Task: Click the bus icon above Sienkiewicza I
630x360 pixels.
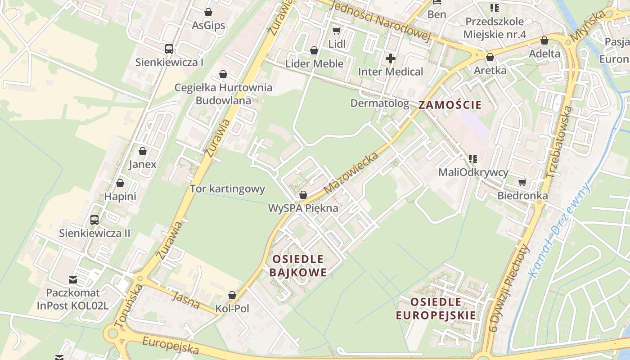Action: (169, 49)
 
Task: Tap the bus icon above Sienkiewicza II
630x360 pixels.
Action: (94, 220)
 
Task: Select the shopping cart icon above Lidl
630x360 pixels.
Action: (336, 31)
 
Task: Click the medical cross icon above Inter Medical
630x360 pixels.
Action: (391, 58)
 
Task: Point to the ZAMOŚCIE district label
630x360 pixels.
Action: (450, 105)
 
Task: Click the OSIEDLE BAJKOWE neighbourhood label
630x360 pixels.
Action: (298, 266)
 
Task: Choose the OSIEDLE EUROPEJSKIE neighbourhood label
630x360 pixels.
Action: (436, 308)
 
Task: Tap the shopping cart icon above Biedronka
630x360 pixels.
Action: (522, 182)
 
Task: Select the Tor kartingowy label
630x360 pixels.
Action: (227, 189)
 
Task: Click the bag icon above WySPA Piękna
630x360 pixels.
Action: (303, 195)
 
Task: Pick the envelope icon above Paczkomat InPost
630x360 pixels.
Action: (73, 280)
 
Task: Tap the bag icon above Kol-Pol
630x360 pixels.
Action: (232, 295)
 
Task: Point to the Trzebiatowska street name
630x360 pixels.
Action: (558, 142)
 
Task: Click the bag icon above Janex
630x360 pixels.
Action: (143, 151)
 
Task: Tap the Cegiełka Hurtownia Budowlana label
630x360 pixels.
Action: (223, 94)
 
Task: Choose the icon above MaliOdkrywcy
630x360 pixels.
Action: (473, 158)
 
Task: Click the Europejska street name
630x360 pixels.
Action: (171, 345)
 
